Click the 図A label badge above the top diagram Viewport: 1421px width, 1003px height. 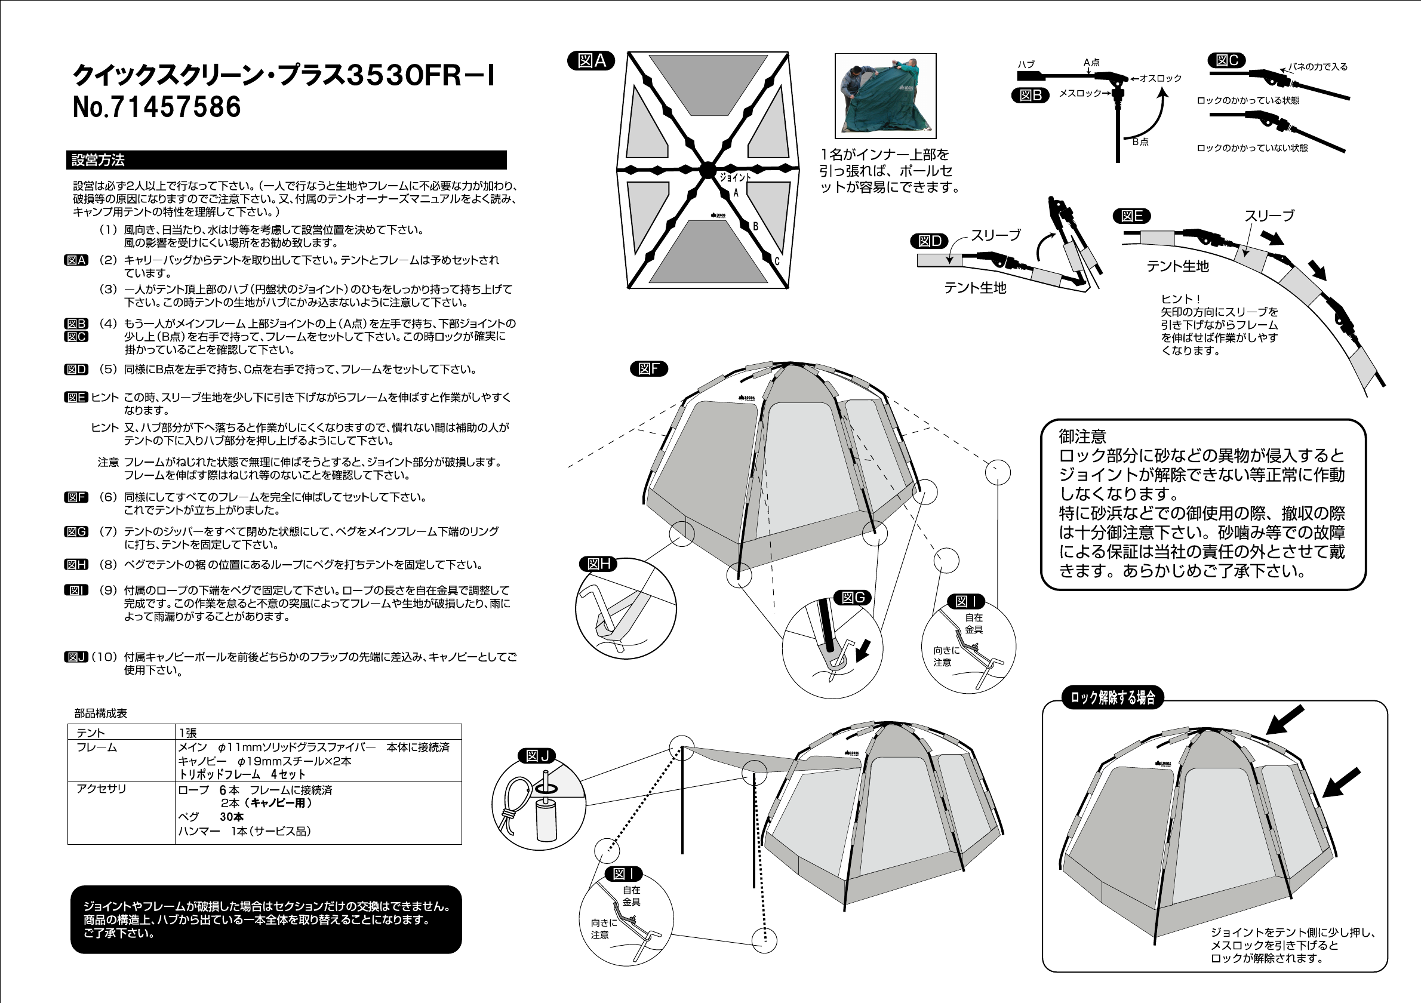[590, 61]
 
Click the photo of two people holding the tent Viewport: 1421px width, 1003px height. [885, 96]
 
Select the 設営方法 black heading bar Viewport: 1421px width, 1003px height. [286, 159]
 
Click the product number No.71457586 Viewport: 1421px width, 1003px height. [156, 106]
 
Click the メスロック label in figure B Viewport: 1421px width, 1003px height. [1080, 93]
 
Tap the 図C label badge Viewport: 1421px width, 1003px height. [1226, 61]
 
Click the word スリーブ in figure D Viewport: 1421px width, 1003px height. [995, 235]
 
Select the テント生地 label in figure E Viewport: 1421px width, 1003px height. [1177, 266]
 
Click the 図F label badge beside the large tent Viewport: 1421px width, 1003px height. [648, 370]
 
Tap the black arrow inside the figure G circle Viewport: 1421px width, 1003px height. [862, 650]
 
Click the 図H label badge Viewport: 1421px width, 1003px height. [598, 564]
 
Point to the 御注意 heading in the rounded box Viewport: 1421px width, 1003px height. [1082, 436]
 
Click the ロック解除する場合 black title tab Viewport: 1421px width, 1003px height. [1113, 698]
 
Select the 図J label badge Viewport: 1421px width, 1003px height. [537, 755]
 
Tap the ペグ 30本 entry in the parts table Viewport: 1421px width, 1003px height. [210, 817]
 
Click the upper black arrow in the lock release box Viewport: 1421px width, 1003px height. [1284, 719]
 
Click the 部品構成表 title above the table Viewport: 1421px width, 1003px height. [100, 713]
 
